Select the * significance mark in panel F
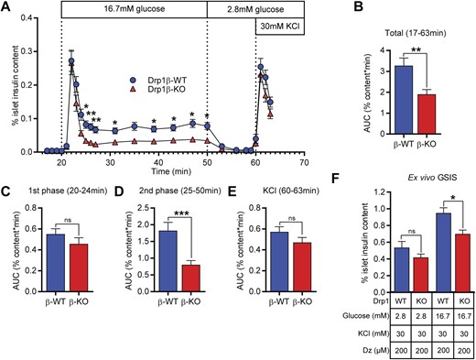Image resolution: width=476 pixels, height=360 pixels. [433, 222]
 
